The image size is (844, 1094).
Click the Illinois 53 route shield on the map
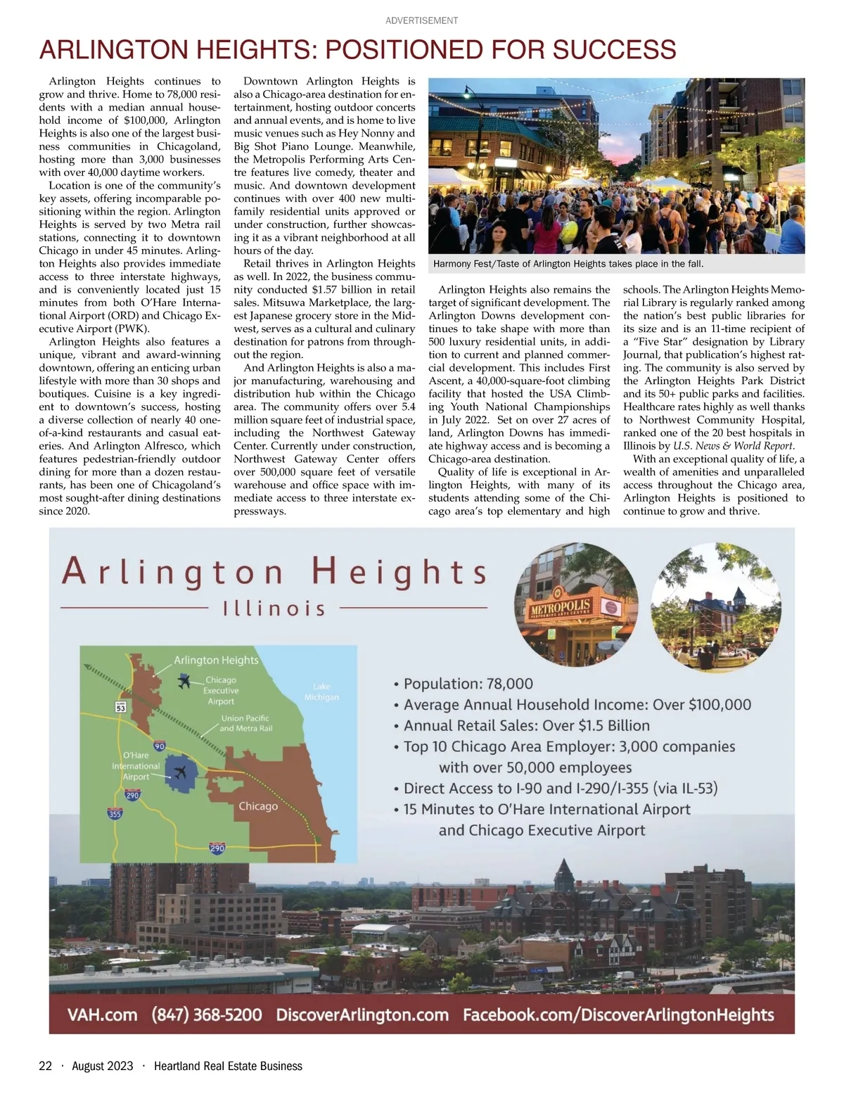(120, 706)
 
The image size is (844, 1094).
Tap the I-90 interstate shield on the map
(160, 746)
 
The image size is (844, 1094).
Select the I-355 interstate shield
(115, 813)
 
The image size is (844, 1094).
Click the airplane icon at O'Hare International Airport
(179, 772)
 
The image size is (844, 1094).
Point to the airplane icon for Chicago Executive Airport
(185, 681)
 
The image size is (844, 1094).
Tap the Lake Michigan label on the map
(321, 691)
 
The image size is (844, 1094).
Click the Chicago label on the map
(258, 806)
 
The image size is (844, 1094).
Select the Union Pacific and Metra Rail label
(245, 723)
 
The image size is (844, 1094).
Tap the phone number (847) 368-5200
(207, 1015)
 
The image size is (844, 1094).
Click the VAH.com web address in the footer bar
(102, 1015)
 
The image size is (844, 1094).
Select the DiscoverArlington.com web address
(362, 1015)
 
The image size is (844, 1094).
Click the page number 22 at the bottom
(45, 1066)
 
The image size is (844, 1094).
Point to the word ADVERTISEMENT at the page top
(421, 20)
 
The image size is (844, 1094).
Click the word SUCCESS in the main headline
(614, 50)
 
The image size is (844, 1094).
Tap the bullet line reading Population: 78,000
(468, 684)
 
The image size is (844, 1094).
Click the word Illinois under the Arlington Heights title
(274, 608)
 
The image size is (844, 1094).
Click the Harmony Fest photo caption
(568, 264)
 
